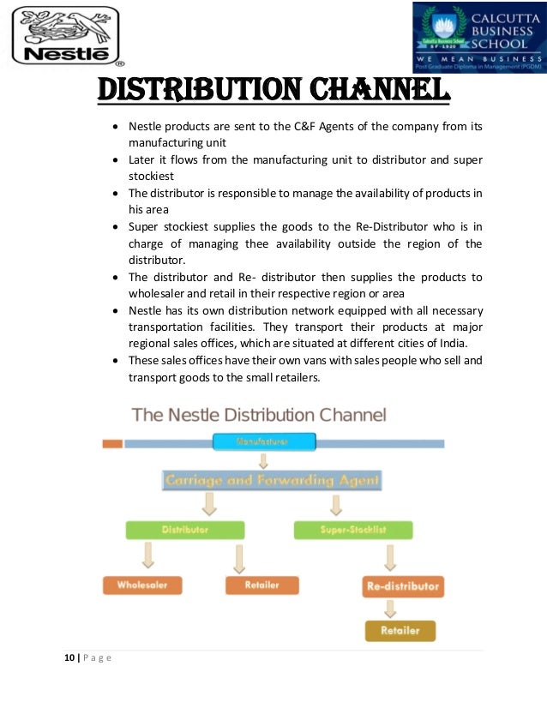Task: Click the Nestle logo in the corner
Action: pyautogui.click(x=65, y=36)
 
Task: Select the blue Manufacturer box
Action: pyautogui.click(x=264, y=442)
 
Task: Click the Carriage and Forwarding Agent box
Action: pyautogui.click(x=272, y=481)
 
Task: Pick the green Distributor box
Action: pyautogui.click(x=184, y=530)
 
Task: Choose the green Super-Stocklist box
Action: pyautogui.click(x=352, y=531)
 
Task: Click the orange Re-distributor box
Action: pyautogui.click(x=402, y=587)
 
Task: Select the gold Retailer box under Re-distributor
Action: pyautogui.click(x=400, y=631)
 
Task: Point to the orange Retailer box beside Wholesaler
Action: pyautogui.click(x=262, y=585)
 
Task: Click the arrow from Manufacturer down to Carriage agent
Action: pyautogui.click(x=264, y=460)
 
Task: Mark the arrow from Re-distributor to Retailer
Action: pyautogui.click(x=390, y=609)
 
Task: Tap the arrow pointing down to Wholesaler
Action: pyautogui.click(x=149, y=555)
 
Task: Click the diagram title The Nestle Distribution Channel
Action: pyautogui.click(x=260, y=415)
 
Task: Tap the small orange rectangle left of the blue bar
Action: pyautogui.click(x=111, y=443)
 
